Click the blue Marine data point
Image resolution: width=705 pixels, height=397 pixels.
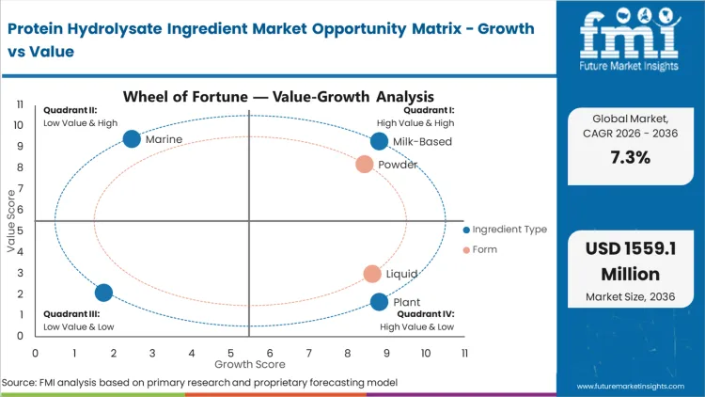tap(132, 139)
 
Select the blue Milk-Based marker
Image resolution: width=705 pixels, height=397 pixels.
tap(379, 141)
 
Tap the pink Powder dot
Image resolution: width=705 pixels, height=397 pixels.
tap(365, 165)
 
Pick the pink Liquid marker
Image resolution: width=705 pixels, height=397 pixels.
tap(372, 274)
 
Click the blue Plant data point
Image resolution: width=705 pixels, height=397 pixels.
tap(379, 302)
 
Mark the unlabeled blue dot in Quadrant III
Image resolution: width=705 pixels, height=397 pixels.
tap(103, 293)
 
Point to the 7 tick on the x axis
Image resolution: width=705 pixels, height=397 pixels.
tap(308, 353)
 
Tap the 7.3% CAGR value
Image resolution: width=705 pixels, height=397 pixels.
tap(629, 157)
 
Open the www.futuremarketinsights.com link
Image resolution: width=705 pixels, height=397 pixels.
tap(635, 386)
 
